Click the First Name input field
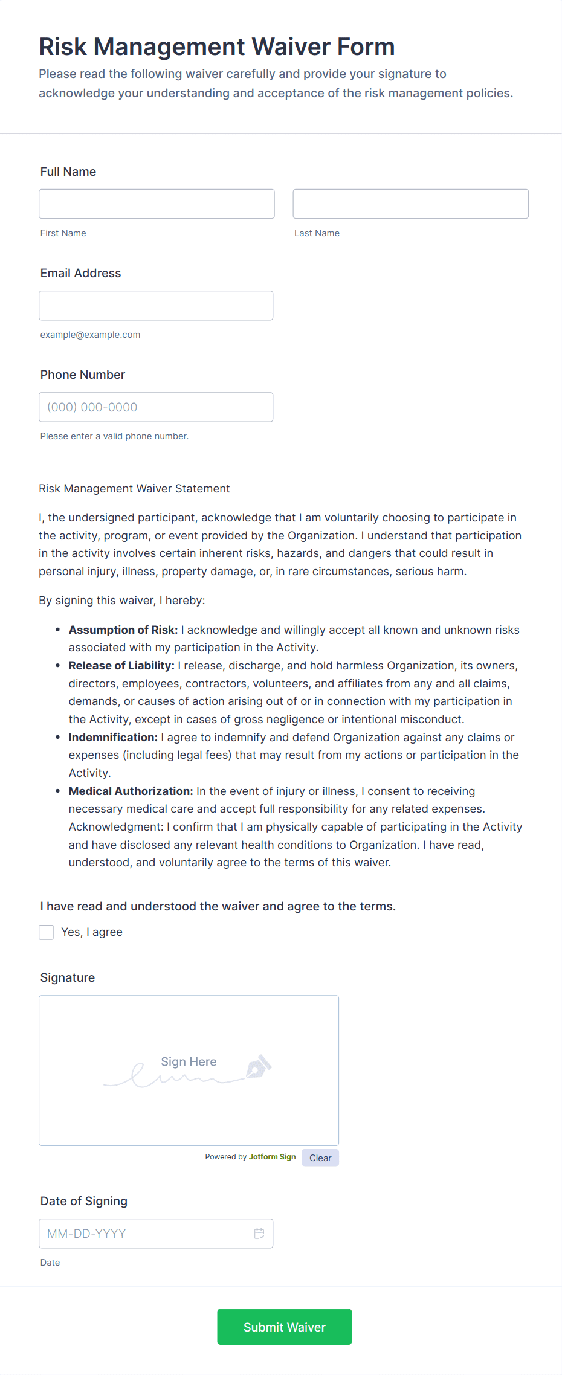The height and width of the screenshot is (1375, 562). (157, 204)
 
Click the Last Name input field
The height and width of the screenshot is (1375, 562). (410, 204)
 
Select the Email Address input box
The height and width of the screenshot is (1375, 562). (156, 306)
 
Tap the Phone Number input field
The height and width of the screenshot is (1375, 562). (156, 407)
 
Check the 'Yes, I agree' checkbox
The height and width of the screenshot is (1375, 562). (47, 932)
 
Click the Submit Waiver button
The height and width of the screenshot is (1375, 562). (284, 1327)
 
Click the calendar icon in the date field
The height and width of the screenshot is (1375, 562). (259, 1234)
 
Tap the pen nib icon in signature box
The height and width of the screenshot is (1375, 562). (259, 1066)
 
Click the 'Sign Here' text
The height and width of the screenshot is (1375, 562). (189, 1061)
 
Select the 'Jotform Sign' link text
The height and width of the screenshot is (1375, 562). (272, 1157)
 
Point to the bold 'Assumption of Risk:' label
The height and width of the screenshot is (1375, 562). (123, 630)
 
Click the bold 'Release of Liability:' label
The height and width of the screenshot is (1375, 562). (121, 665)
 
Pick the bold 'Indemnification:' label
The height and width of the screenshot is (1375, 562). (113, 737)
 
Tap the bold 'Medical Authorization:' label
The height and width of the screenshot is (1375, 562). (131, 791)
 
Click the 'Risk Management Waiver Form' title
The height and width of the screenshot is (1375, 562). (216, 47)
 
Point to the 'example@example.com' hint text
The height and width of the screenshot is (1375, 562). (90, 335)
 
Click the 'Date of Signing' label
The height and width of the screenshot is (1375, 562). (84, 1201)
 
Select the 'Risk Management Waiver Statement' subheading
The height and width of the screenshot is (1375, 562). (134, 488)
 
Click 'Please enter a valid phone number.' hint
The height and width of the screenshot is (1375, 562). (114, 436)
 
